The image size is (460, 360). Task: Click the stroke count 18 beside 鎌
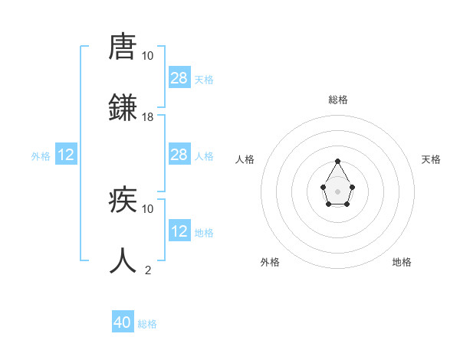coord(148,116)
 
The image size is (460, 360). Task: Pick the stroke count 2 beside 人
coord(148,270)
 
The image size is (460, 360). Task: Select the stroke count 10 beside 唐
coord(148,56)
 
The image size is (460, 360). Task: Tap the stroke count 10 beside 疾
coord(148,208)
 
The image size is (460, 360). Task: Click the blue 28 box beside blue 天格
coord(179,77)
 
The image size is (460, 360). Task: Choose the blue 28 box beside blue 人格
coord(179,155)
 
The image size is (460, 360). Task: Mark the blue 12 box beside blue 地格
coord(179,231)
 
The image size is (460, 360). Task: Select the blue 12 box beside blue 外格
coord(66,155)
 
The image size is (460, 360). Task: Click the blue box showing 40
coord(123,322)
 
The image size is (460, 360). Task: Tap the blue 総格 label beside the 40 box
coord(148,324)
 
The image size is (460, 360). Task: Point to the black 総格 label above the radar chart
coord(338,100)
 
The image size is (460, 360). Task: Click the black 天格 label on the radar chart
coord(432,159)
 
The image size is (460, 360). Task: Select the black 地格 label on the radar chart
coord(402,262)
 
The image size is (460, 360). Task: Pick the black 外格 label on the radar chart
coord(270,262)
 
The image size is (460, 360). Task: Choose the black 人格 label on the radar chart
coord(245,159)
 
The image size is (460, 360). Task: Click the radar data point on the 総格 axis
coord(337,162)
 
